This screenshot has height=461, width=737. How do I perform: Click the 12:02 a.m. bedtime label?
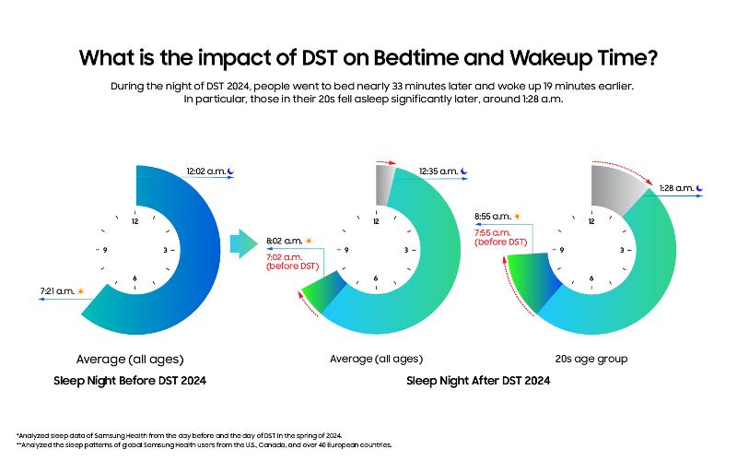pyautogui.click(x=205, y=171)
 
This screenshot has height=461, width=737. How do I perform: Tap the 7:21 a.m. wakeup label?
pyautogui.click(x=55, y=291)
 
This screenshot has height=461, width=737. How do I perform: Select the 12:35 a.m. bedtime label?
pyautogui.click(x=439, y=171)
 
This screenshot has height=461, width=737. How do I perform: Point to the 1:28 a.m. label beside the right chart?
pyautogui.click(x=675, y=189)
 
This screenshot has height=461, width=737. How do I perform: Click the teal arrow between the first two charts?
pyautogui.click(x=242, y=244)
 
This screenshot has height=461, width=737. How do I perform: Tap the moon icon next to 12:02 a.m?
pyautogui.click(x=231, y=171)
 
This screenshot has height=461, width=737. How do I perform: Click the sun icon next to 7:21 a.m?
pyautogui.click(x=81, y=291)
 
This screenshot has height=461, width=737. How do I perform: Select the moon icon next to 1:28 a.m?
pyautogui.click(x=701, y=189)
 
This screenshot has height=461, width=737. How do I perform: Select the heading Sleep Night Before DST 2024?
pyautogui.click(x=135, y=380)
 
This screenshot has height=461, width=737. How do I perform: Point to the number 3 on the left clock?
pyautogui.click(x=164, y=250)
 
